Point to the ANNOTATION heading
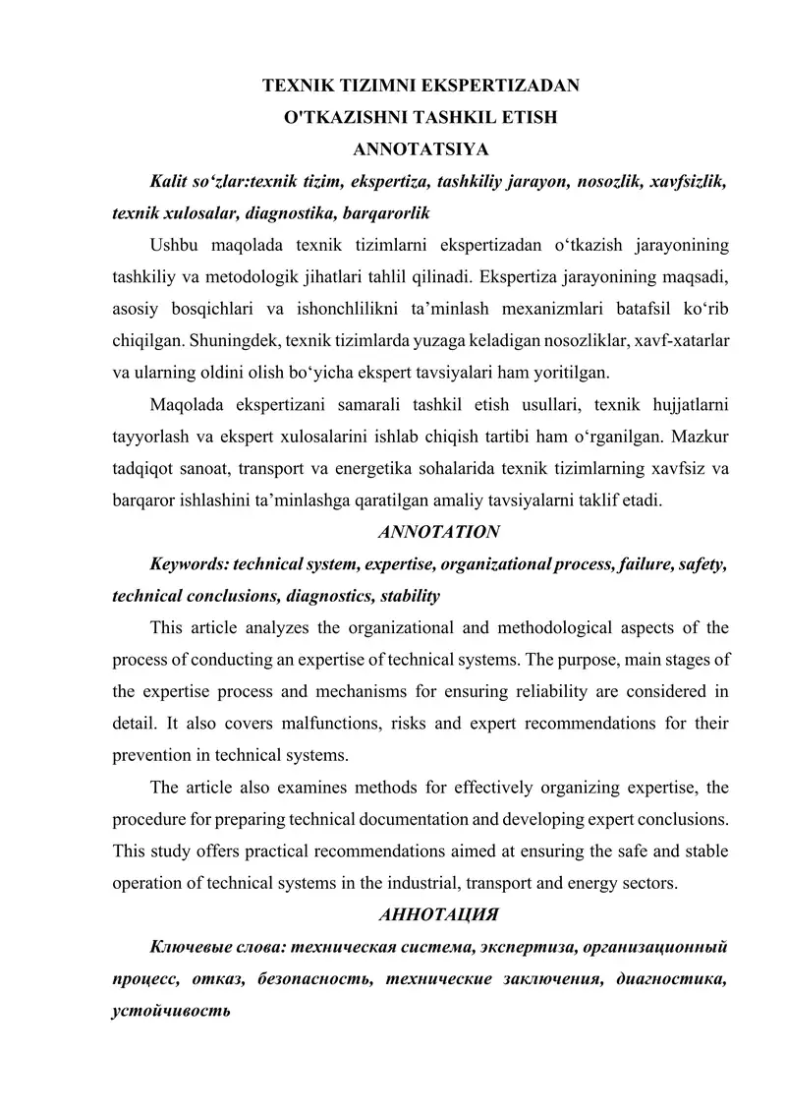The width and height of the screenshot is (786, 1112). coord(438,532)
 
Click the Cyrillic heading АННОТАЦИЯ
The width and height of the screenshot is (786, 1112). coord(438,914)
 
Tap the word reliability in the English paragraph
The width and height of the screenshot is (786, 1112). coord(519,691)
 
